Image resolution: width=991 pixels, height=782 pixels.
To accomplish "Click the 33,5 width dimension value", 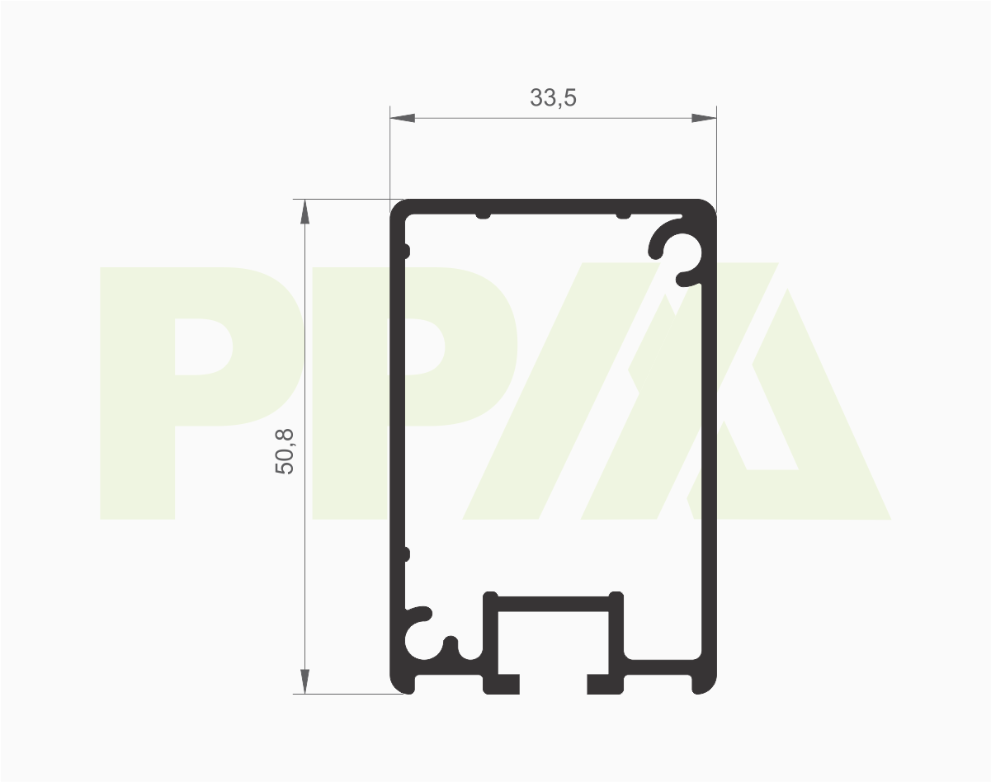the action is (553, 97).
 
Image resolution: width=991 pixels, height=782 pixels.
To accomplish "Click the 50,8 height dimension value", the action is (284, 451).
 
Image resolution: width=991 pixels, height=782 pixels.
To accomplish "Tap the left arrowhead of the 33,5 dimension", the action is (403, 118).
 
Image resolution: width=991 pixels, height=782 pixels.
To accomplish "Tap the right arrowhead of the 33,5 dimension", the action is (704, 118).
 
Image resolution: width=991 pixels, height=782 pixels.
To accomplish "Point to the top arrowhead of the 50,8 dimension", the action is (304, 212).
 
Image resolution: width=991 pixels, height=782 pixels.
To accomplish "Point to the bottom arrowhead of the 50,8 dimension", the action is (304, 681).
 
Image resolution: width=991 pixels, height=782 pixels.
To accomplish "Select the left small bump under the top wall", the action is (483, 215).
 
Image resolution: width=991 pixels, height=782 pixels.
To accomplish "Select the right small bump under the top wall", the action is (624, 215).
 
